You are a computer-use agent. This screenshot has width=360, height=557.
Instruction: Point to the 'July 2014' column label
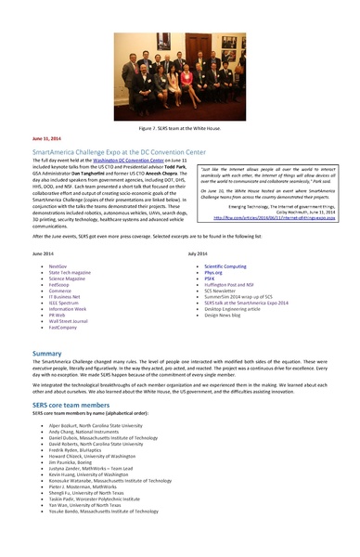200,252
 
